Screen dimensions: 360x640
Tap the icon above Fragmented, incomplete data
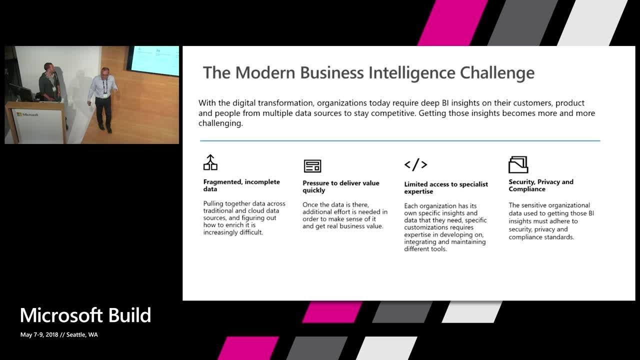click(x=210, y=162)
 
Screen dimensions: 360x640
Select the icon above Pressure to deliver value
click(x=312, y=165)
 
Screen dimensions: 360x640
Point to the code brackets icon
click(x=415, y=164)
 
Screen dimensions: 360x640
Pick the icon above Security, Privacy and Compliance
click(x=518, y=164)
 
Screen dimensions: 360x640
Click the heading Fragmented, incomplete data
click(x=241, y=185)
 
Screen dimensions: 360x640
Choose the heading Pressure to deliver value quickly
click(x=340, y=186)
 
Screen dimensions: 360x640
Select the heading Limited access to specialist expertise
click(x=445, y=187)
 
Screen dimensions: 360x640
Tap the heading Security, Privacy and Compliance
click(x=540, y=185)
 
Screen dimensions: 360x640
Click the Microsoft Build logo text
click(x=85, y=315)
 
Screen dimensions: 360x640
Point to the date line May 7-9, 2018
click(x=59, y=334)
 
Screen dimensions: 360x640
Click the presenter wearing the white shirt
click(x=103, y=97)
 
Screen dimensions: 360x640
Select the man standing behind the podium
click(x=49, y=82)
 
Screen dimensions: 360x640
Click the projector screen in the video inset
click(x=154, y=61)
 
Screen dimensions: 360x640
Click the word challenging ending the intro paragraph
click(x=220, y=123)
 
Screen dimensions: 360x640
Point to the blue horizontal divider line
click(x=399, y=141)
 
